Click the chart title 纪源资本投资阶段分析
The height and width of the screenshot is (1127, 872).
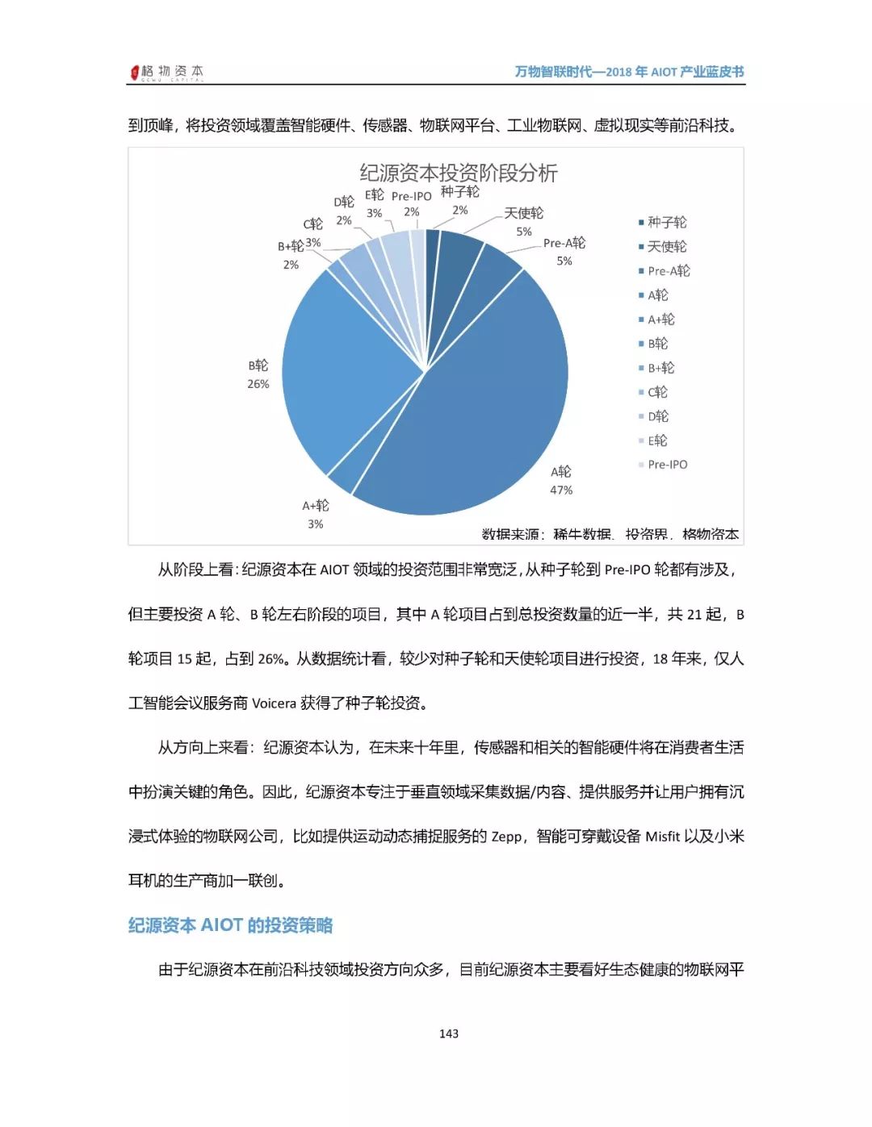point(458,173)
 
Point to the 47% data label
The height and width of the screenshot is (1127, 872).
point(561,490)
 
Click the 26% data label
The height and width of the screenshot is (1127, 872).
point(258,384)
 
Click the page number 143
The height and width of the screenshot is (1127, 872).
point(449,1033)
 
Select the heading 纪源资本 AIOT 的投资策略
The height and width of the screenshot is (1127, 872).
point(231,925)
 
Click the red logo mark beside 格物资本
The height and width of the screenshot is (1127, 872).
point(135,73)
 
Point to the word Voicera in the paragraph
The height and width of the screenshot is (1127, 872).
point(274,703)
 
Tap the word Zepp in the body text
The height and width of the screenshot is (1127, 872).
point(506,837)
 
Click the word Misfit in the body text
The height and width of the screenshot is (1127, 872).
point(662,837)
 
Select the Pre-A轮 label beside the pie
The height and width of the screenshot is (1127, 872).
point(564,243)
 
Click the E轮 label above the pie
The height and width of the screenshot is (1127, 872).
point(375,195)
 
